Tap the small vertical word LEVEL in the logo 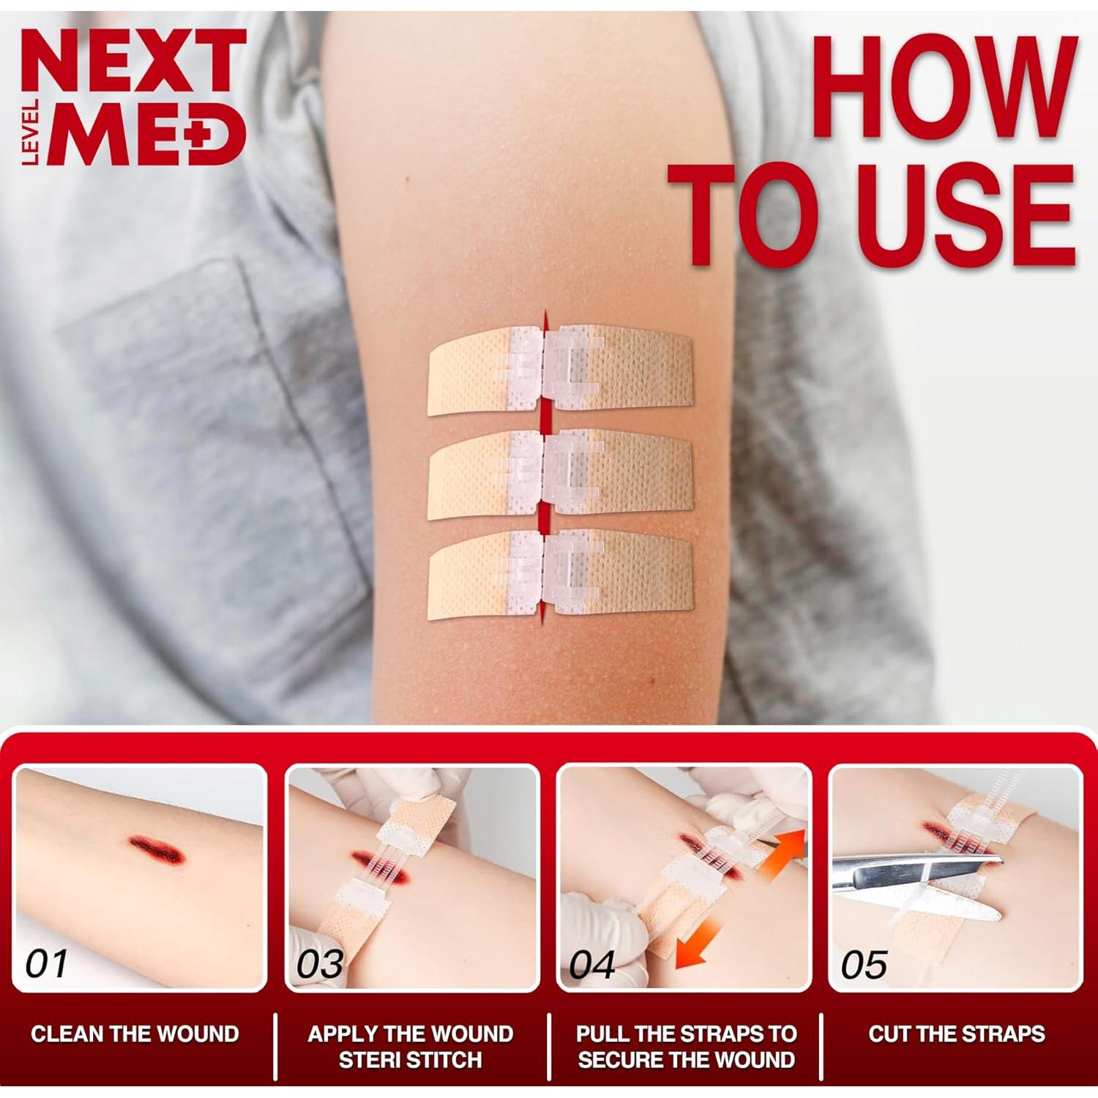[x=31, y=132]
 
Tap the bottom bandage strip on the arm [x=560, y=575]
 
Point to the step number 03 [x=320, y=964]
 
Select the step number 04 [x=592, y=964]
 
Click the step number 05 [x=864, y=964]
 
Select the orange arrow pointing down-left [x=699, y=944]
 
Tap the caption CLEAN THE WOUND [x=135, y=1034]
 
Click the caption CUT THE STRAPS [x=956, y=1034]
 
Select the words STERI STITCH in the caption [x=410, y=1059]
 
